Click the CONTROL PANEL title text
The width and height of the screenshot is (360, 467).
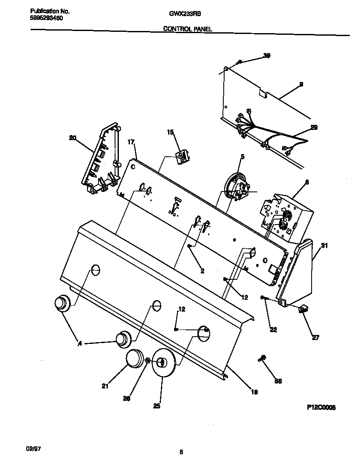(x=188, y=29)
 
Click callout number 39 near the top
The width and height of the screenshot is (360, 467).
(x=267, y=56)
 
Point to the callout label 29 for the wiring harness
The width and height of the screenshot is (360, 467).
(x=314, y=127)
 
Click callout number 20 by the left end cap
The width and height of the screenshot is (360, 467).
(x=72, y=137)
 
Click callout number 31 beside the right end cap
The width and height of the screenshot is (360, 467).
(x=324, y=245)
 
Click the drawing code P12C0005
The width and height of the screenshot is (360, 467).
(x=321, y=407)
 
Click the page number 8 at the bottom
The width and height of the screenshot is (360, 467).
(x=181, y=452)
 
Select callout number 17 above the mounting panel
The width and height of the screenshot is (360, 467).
(x=131, y=142)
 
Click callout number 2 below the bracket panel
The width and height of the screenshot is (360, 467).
(x=202, y=270)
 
